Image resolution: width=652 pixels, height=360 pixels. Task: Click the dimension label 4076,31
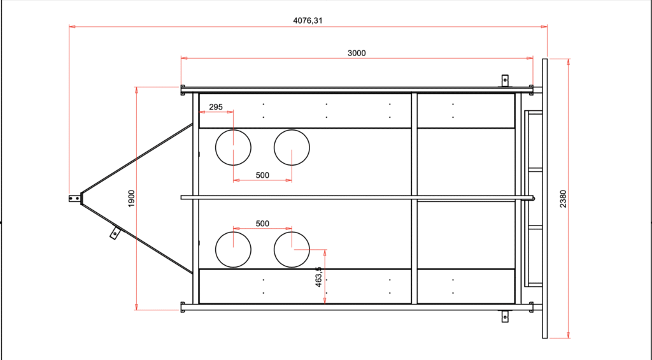[x=308, y=20]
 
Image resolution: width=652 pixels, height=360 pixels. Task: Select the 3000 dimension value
[x=357, y=53]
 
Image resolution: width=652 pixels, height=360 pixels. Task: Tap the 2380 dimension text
[x=563, y=199]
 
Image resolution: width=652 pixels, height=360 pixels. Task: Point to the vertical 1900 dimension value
[x=131, y=199]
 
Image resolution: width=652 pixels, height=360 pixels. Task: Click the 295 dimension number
[x=216, y=107]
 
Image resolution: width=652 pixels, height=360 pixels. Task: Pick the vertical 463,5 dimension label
[x=318, y=277]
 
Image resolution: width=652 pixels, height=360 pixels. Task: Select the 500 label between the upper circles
[x=262, y=175]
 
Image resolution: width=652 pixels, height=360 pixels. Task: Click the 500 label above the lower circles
[x=262, y=224]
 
